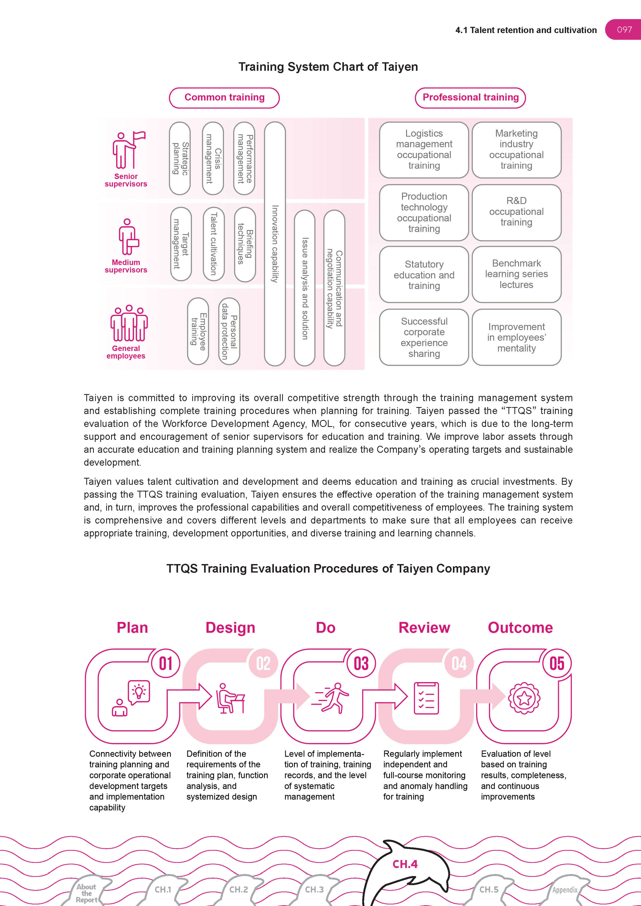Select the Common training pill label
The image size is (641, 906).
(x=224, y=97)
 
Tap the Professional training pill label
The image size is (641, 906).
(x=470, y=97)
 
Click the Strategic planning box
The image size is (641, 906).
(x=180, y=158)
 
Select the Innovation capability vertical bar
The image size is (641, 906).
(x=275, y=244)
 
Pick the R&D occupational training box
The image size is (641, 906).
(x=516, y=212)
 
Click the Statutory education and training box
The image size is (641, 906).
(x=424, y=275)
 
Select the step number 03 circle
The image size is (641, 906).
(x=361, y=663)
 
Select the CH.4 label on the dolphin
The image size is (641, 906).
(x=405, y=864)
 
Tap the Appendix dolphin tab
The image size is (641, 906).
(x=565, y=890)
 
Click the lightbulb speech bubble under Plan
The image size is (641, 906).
(x=139, y=692)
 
